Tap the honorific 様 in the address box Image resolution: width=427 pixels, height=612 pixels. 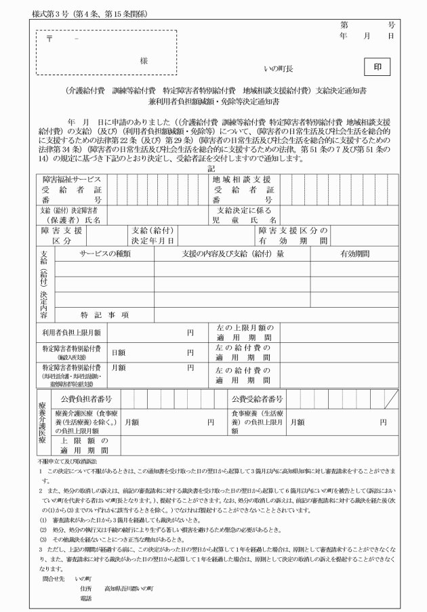[144, 61]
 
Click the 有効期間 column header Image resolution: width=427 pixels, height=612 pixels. [354, 253]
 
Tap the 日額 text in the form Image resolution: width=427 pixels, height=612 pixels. [118, 352]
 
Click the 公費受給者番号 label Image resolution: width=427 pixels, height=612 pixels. [257, 399]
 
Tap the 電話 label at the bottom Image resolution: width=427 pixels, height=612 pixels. [85, 598]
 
